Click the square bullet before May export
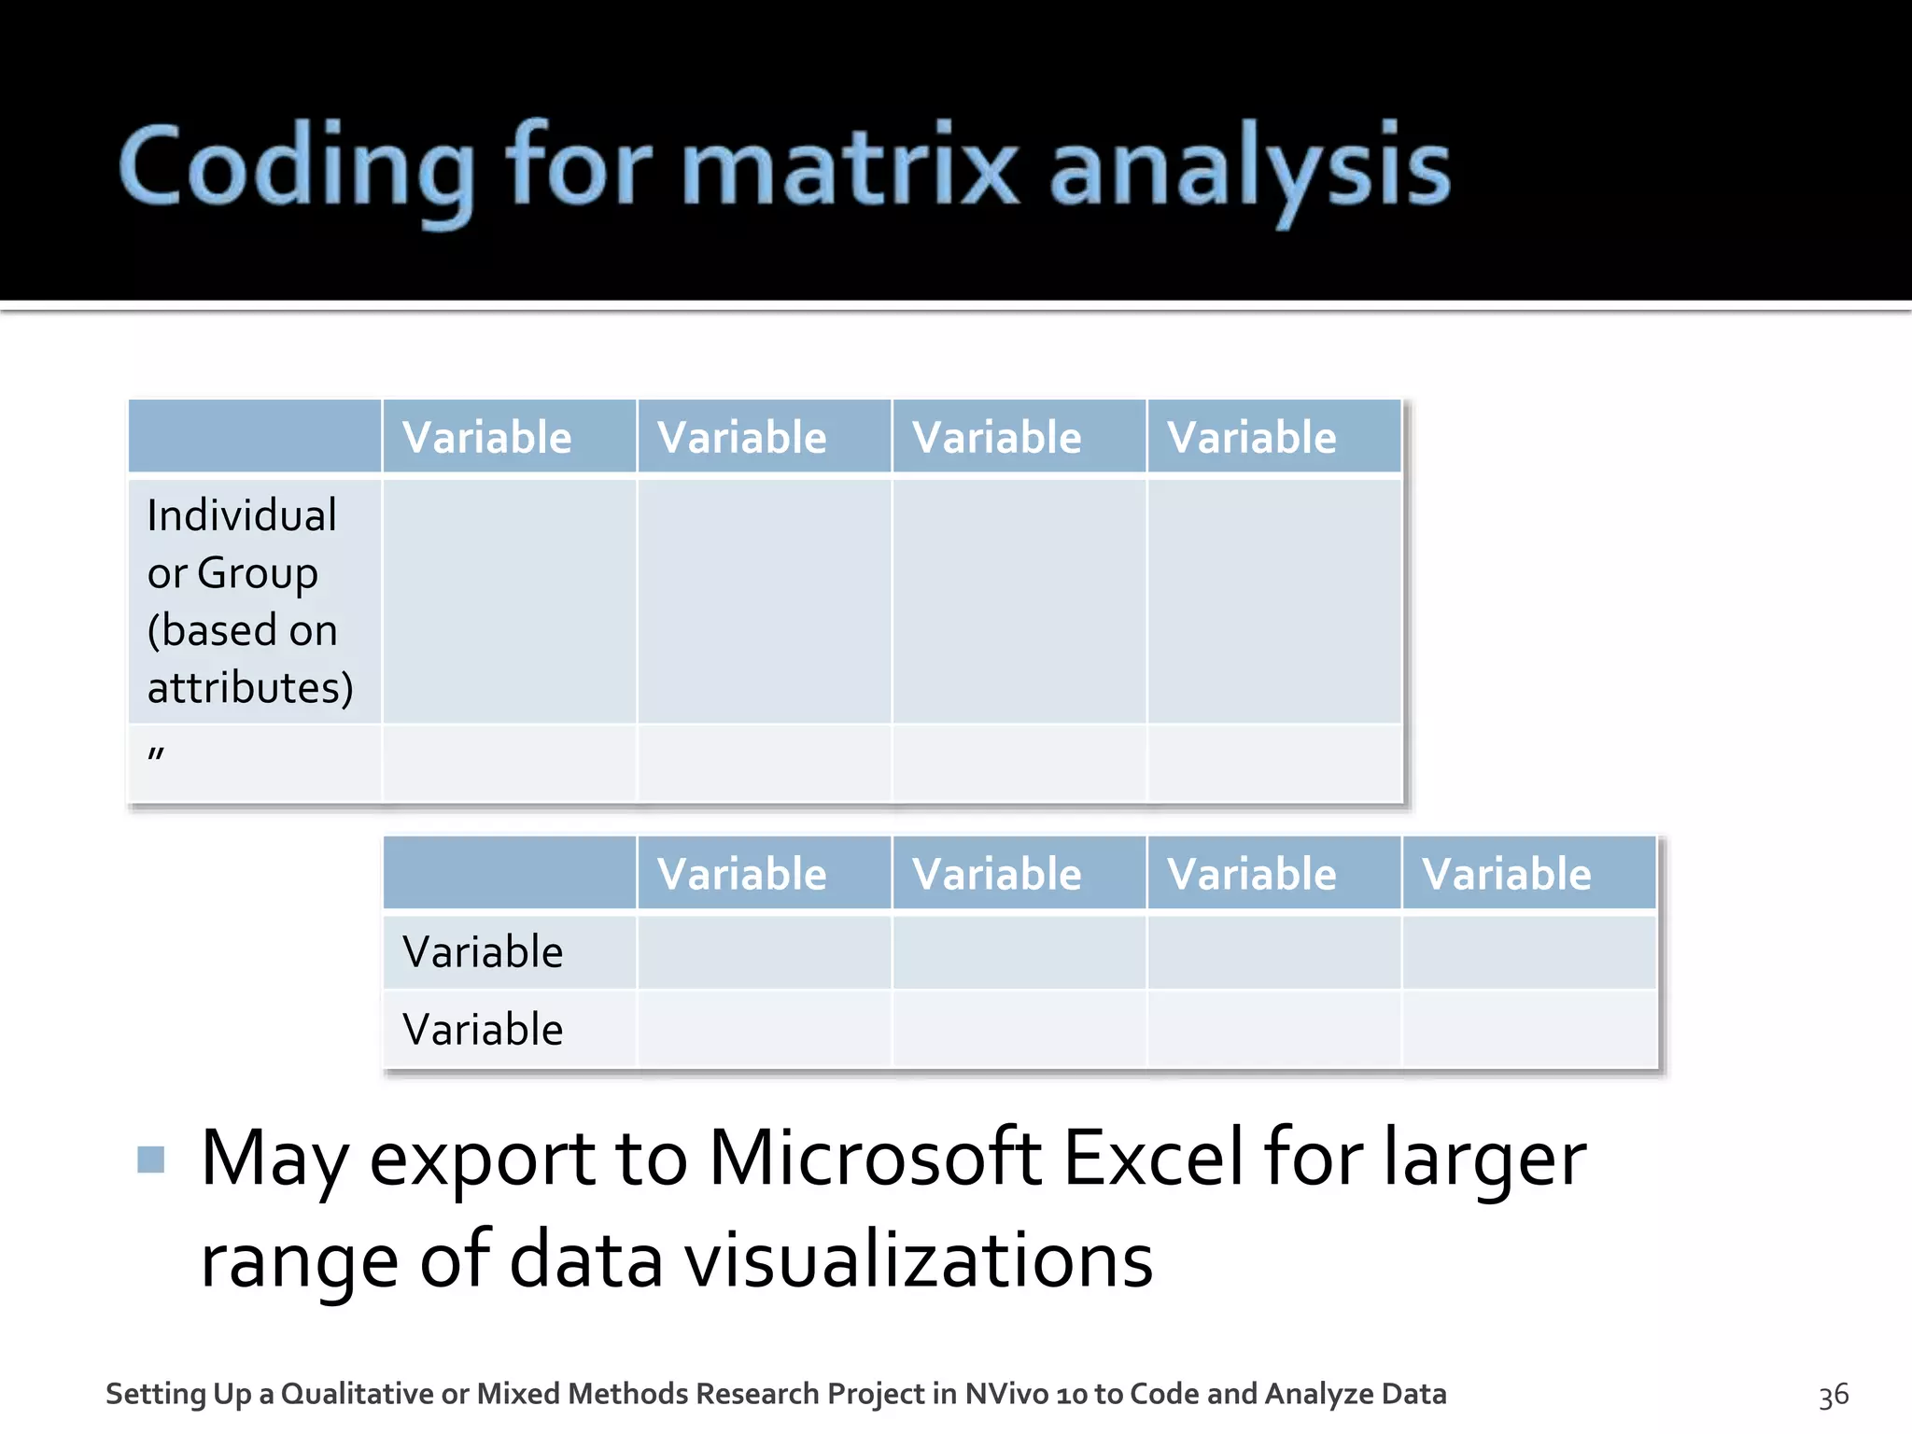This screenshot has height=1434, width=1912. click(x=150, y=1159)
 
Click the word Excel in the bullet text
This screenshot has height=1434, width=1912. click(x=1153, y=1159)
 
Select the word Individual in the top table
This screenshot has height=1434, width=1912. click(x=242, y=515)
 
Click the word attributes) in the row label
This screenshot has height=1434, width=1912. click(x=250, y=688)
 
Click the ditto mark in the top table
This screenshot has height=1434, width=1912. click(x=156, y=752)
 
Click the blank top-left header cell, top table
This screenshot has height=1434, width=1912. click(x=254, y=436)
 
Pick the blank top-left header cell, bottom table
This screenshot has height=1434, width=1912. click(x=510, y=873)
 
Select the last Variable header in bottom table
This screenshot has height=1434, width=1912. click(x=1506, y=875)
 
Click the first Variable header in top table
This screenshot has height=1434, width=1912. click(x=486, y=438)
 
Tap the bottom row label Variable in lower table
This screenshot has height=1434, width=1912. click(x=483, y=1030)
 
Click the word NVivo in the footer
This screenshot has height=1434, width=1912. click(x=1006, y=1394)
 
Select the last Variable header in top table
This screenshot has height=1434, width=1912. click(x=1251, y=438)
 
